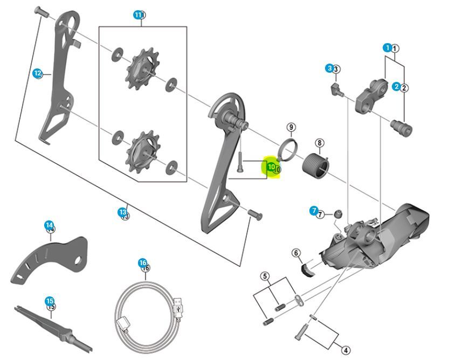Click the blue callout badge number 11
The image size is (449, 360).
tap(138, 15)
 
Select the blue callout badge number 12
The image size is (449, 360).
tap(37, 73)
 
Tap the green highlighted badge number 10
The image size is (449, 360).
tap(271, 167)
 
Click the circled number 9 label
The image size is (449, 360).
tap(291, 127)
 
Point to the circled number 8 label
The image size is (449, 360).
tap(320, 143)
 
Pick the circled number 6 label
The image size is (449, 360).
tap(296, 253)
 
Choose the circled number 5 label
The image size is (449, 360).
tap(265, 276)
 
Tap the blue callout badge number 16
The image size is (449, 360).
tap(142, 263)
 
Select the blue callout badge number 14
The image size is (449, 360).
tap(49, 225)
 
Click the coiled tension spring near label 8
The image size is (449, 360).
tap(316, 164)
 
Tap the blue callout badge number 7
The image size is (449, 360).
tap(314, 211)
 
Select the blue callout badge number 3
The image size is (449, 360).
tap(329, 68)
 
